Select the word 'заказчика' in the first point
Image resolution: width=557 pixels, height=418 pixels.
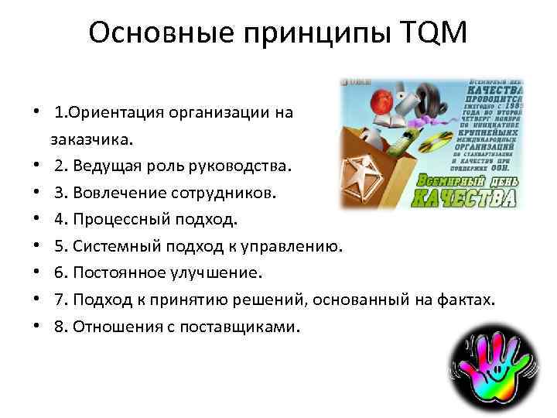pos(91,139)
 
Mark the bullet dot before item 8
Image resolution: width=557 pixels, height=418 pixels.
pos(36,326)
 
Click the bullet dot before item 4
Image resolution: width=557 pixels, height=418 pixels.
pos(36,219)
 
